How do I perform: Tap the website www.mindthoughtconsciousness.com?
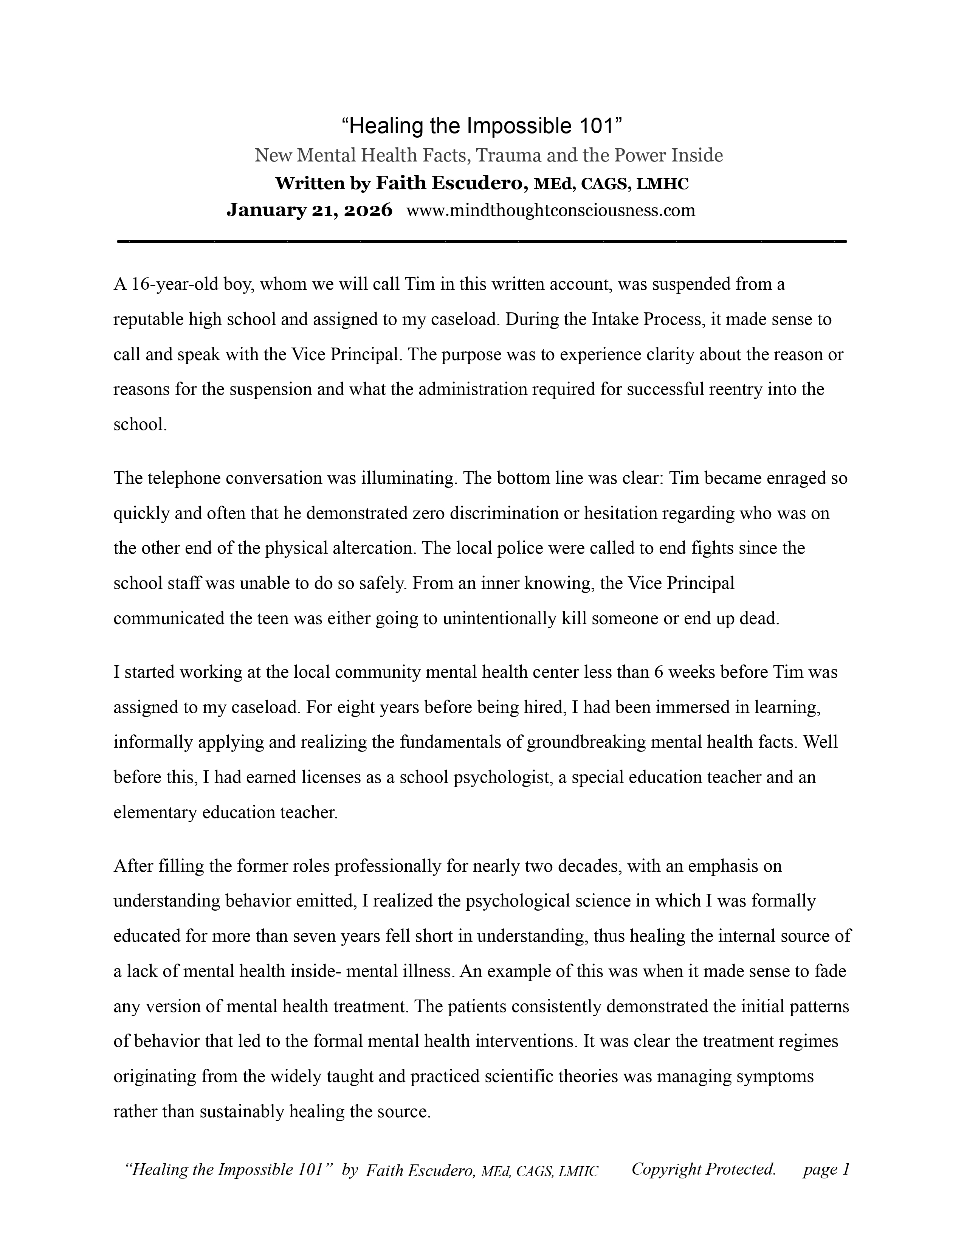pos(550,211)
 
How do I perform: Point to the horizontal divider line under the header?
pos(481,243)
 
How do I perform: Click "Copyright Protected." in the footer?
pos(704,1169)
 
